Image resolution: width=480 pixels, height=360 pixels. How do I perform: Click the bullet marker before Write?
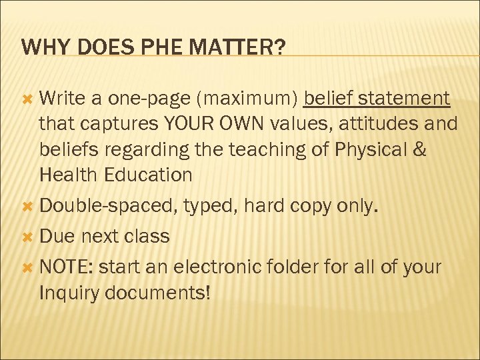28,99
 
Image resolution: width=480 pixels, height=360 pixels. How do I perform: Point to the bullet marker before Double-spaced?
28,206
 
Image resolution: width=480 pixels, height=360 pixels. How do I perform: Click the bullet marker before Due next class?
28,237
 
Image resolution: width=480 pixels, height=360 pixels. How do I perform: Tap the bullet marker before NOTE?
28,267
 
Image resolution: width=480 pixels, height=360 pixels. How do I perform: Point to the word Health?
69,175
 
